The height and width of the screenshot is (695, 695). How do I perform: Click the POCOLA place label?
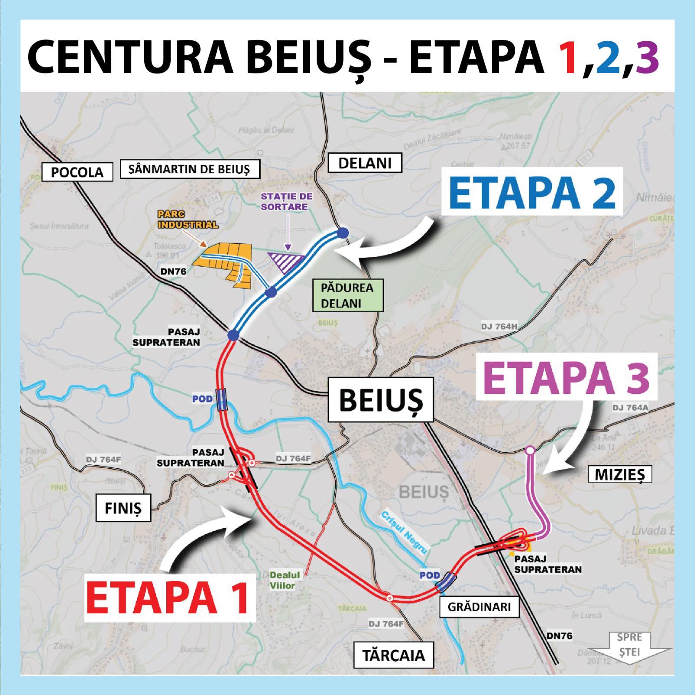click(x=77, y=172)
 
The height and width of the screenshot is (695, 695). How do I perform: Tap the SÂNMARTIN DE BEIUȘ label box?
click(x=189, y=169)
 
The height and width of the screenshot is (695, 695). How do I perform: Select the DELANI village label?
click(x=364, y=163)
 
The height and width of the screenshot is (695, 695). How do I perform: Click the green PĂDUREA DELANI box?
click(x=347, y=295)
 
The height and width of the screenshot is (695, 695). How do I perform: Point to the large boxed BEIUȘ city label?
click(x=381, y=400)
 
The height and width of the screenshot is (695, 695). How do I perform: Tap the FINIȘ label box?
click(x=123, y=507)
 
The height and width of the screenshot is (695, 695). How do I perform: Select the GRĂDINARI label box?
click(x=479, y=606)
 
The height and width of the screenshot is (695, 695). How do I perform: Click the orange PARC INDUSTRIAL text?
click(x=188, y=220)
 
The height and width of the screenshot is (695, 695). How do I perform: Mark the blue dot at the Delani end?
click(x=343, y=233)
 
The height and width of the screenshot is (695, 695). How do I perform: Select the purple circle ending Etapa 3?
click(x=530, y=450)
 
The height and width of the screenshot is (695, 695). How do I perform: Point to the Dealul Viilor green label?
click(x=285, y=580)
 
